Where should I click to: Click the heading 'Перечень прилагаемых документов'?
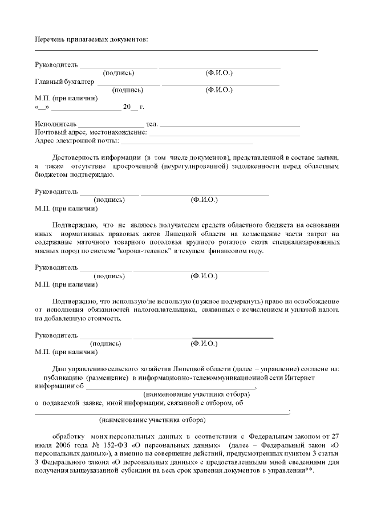[x=91, y=39]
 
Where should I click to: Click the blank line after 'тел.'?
[x=230, y=125]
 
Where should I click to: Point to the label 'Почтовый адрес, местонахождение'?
[x=91, y=132]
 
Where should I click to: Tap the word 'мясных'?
[x=45, y=251]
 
